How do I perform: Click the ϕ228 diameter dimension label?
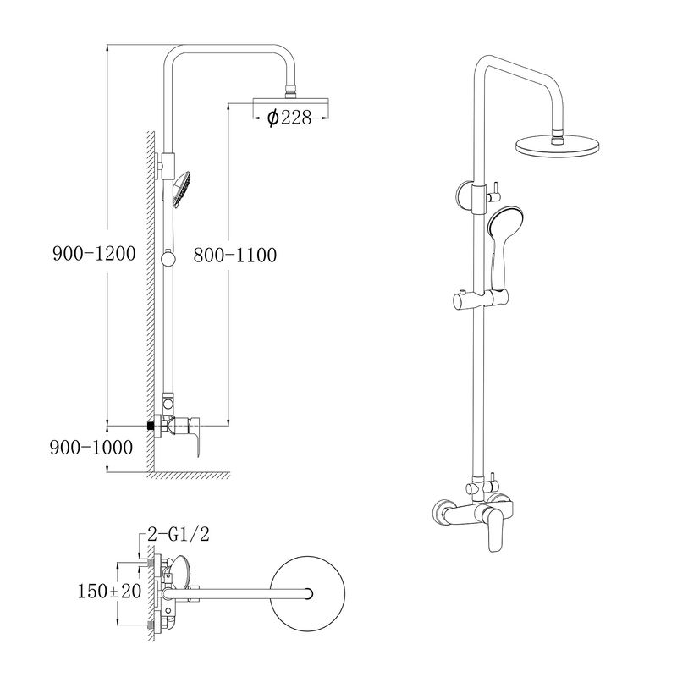289,117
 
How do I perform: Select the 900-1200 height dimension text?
94,253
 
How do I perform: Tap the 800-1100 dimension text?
235,255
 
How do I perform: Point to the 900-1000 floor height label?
91,448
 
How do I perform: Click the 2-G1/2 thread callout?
179,535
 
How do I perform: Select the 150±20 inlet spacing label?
109,591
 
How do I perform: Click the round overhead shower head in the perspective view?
558,146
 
